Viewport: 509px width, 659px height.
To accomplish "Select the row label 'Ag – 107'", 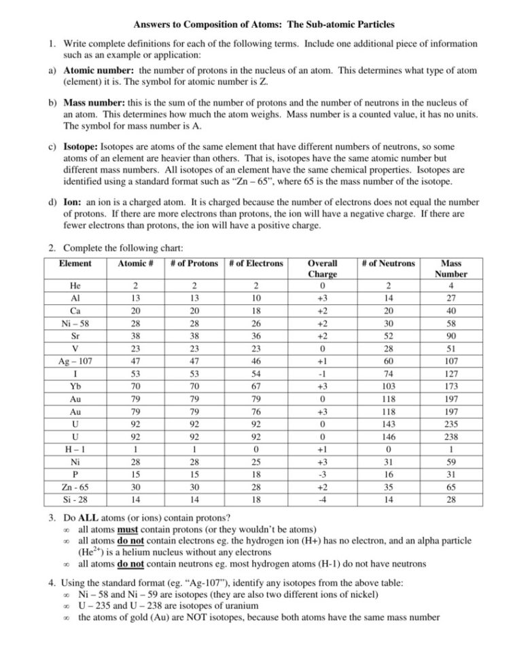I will click(75, 361).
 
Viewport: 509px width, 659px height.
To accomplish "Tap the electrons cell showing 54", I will click(256, 374).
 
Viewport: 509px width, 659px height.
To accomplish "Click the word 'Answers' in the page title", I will click(152, 24).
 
